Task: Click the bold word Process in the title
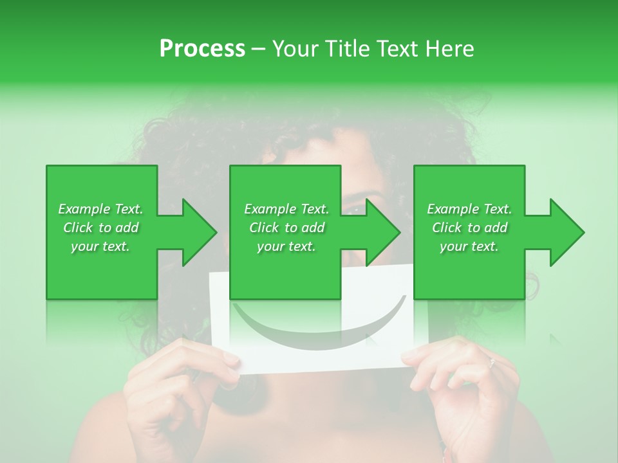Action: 202,49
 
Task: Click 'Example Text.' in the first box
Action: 100,209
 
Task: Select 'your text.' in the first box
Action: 100,246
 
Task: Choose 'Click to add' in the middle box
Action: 286,228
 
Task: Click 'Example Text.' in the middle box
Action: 286,209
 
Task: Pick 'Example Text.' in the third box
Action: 469,209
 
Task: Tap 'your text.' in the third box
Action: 469,246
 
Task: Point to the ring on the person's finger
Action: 492,363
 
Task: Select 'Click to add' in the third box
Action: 469,228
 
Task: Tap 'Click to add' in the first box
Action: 100,228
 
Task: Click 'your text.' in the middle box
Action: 286,246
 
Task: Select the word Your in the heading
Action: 295,49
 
